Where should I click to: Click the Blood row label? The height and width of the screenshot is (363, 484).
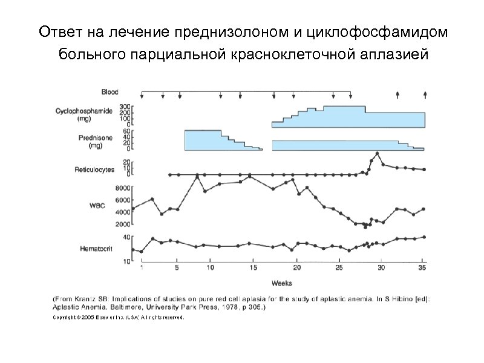[110, 92]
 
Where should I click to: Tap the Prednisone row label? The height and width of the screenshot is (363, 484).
[96, 142]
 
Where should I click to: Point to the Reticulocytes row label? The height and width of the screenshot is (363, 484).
[90, 170]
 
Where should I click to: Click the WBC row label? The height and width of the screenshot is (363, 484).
[97, 206]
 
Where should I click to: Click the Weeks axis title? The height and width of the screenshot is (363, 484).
[282, 283]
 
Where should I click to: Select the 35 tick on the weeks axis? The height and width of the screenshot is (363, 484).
[422, 267]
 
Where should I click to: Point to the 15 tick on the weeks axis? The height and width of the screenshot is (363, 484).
[253, 267]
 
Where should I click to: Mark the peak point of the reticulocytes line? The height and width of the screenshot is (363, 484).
[378, 154]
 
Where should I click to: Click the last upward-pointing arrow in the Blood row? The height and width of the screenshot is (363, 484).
[425, 94]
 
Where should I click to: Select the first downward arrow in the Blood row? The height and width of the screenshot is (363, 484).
[142, 94]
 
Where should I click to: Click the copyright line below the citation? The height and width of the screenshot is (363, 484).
[118, 317]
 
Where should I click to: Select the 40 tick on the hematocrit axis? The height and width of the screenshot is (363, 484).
[127, 237]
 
